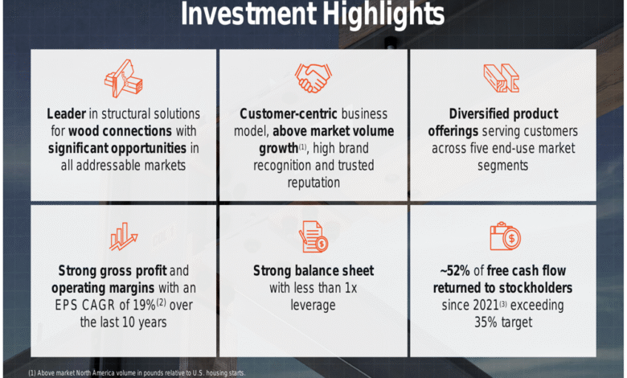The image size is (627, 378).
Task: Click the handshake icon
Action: [313, 78]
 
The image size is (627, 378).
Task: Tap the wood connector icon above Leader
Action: [124, 79]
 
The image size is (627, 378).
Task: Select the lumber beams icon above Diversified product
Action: [502, 78]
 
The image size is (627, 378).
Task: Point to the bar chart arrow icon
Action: [124, 236]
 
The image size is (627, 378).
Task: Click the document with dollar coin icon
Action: [313, 236]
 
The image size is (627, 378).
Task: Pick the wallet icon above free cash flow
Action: [506, 236]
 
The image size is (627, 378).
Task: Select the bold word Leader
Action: [67, 113]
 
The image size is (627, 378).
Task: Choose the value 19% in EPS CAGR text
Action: [144, 305]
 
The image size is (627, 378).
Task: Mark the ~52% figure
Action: [455, 271]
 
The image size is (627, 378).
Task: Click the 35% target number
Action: [485, 323]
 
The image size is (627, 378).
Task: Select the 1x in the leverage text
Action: [350, 288]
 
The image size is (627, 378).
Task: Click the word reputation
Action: [313, 183]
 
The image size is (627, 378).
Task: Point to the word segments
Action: [502, 166]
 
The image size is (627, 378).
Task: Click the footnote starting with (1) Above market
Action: [137, 373]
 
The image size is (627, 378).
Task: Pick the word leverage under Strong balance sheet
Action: [313, 305]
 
